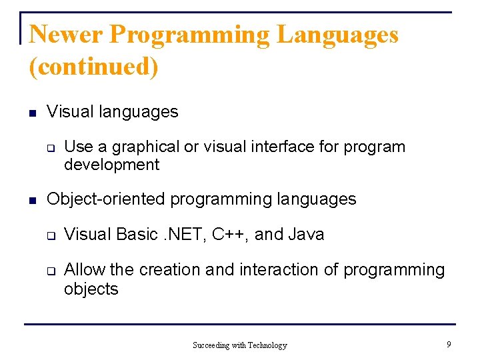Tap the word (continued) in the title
point(94,67)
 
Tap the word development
point(111,165)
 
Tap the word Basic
point(135,235)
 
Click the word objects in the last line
point(91,289)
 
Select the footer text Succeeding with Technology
point(239,345)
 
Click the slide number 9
point(449,345)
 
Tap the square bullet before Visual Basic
point(49,236)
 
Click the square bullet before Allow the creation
point(49,271)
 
